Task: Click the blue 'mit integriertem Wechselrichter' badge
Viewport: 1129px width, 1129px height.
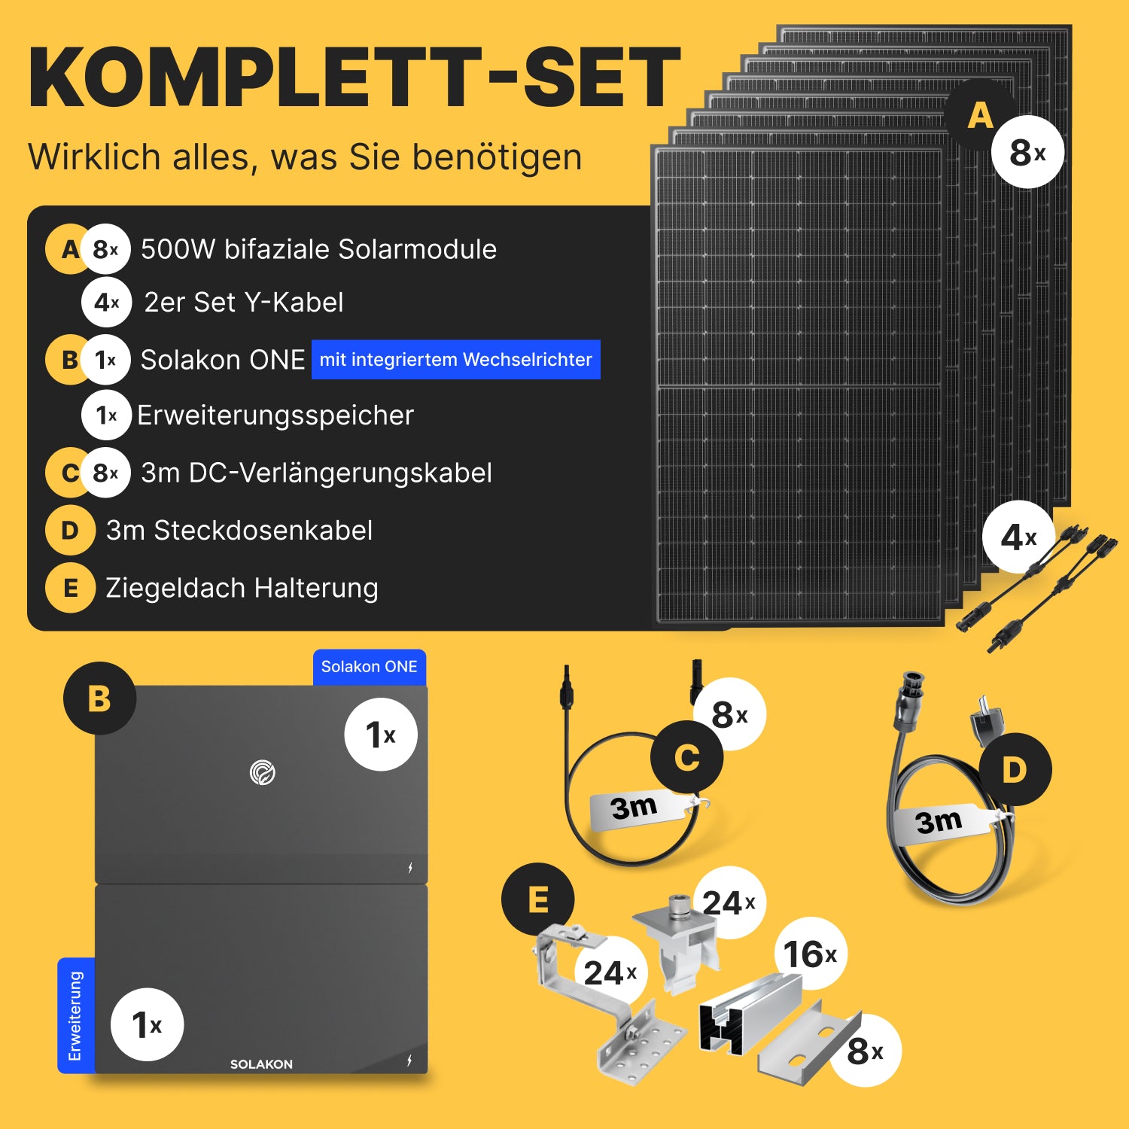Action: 456,360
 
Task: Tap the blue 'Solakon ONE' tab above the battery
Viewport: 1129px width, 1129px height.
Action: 370,667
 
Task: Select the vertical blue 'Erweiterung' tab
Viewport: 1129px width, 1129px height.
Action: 76,1015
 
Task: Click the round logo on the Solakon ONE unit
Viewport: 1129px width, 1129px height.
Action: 263,772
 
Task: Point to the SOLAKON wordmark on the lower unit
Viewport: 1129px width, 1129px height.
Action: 261,1064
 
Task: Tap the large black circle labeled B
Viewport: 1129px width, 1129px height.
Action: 99,698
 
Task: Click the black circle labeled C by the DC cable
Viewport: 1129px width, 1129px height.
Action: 687,757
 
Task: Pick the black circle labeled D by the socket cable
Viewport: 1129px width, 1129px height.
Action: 1015,769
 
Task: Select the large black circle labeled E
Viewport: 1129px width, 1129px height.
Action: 538,899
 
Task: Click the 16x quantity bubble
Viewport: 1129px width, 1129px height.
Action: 811,954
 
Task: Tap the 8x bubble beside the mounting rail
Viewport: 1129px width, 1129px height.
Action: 865,1051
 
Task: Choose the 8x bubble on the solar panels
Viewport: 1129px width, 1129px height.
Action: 1027,152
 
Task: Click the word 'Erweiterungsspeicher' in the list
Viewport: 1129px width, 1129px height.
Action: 275,415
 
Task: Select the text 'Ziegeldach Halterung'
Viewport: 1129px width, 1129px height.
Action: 242,588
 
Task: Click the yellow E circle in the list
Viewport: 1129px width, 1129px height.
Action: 70,588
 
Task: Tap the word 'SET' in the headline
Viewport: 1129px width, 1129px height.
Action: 601,78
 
